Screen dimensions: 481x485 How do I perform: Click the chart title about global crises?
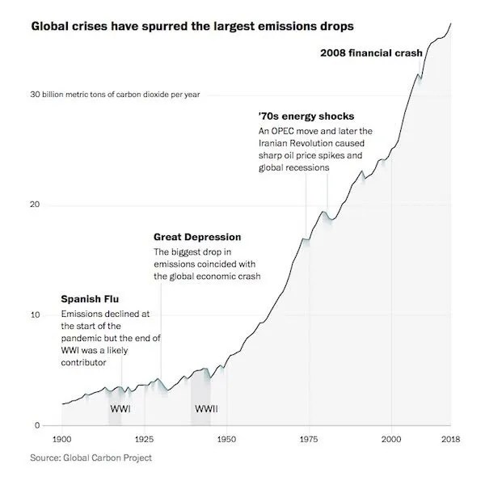tap(192, 27)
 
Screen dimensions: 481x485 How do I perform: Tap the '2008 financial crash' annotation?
tap(371, 53)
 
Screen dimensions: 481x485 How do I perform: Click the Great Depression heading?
tap(197, 237)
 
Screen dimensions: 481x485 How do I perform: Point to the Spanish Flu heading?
tap(91, 300)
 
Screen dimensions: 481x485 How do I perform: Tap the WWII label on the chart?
tap(206, 408)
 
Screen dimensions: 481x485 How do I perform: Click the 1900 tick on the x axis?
tap(61, 438)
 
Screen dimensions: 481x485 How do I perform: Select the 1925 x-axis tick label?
tap(145, 438)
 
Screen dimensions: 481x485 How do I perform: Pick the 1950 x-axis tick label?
tap(226, 438)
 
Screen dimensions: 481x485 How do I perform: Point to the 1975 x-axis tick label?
tap(310, 438)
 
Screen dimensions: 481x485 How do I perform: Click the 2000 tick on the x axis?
tap(392, 438)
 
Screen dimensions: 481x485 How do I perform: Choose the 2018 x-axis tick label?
tap(450, 438)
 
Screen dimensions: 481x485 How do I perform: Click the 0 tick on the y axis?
tap(36, 425)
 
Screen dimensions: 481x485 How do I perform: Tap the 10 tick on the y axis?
tap(35, 314)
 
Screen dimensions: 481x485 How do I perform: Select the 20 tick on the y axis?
tap(35, 205)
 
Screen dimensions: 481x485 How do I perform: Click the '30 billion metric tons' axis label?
tap(116, 95)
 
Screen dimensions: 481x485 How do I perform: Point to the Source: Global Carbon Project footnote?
tap(91, 458)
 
